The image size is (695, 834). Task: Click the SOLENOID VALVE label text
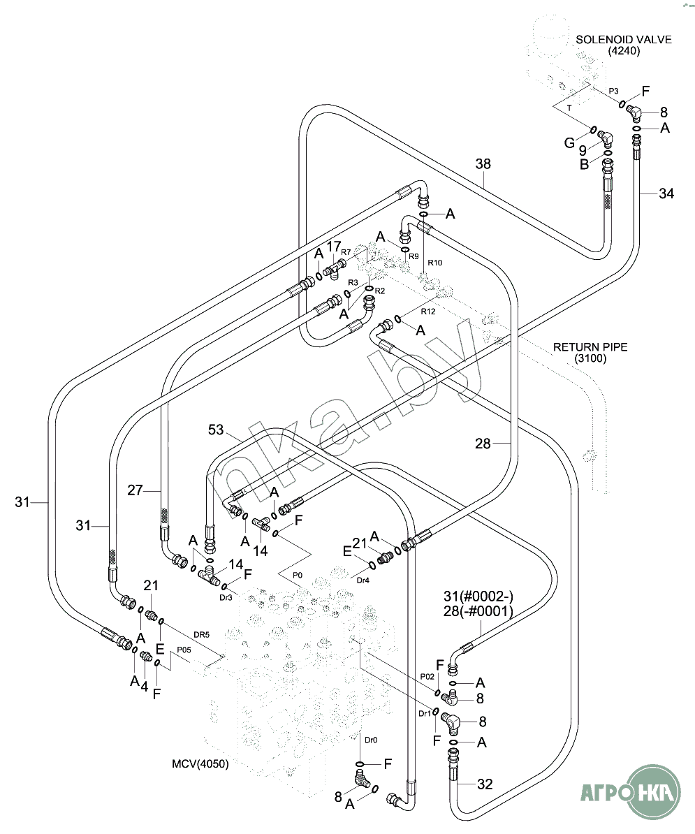pos(623,40)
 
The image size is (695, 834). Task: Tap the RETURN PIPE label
pos(590,346)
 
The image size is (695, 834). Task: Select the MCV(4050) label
pos(200,763)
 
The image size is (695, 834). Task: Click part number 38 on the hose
pos(483,164)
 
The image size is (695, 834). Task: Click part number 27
pos(136,490)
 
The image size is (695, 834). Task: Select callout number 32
pos(485,784)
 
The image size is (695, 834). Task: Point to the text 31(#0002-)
pos(478,596)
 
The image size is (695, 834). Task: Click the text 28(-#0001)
pos(478,611)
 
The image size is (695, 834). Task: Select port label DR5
pos(201,634)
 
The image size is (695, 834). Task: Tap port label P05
pos(184,650)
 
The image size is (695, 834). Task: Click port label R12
pos(428,312)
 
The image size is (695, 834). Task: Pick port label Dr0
pos(371,740)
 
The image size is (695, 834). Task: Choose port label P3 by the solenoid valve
pos(613,91)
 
